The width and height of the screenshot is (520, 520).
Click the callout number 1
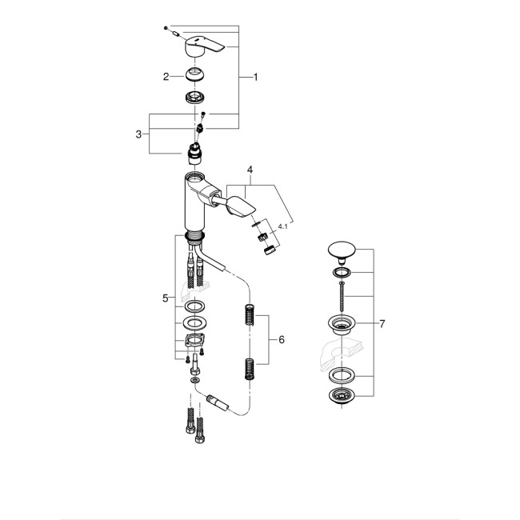255,77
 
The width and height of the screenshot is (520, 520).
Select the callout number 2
166,77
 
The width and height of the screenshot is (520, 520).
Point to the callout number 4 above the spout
250,170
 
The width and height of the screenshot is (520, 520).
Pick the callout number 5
166,298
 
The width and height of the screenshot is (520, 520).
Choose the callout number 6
281,339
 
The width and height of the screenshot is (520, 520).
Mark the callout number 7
382,324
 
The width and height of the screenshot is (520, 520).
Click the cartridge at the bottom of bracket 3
194,154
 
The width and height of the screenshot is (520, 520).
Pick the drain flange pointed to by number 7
343,325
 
